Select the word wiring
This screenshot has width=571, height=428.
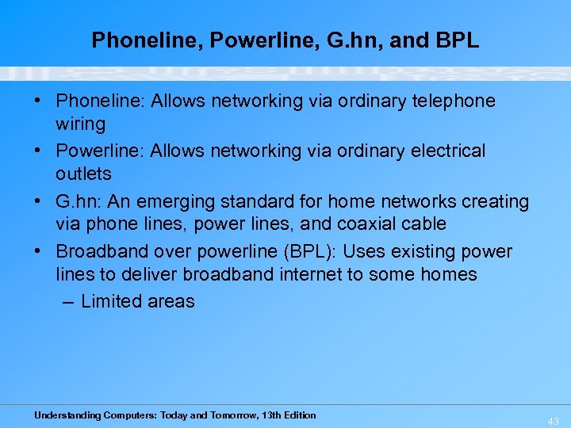point(80,124)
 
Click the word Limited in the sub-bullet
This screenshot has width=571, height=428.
point(109,301)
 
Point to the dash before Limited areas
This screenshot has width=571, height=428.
point(67,301)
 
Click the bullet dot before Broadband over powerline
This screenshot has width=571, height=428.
point(39,252)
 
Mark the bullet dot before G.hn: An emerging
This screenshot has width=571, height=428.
point(39,201)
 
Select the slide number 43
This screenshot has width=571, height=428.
point(553,422)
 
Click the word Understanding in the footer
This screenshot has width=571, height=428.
point(67,415)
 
